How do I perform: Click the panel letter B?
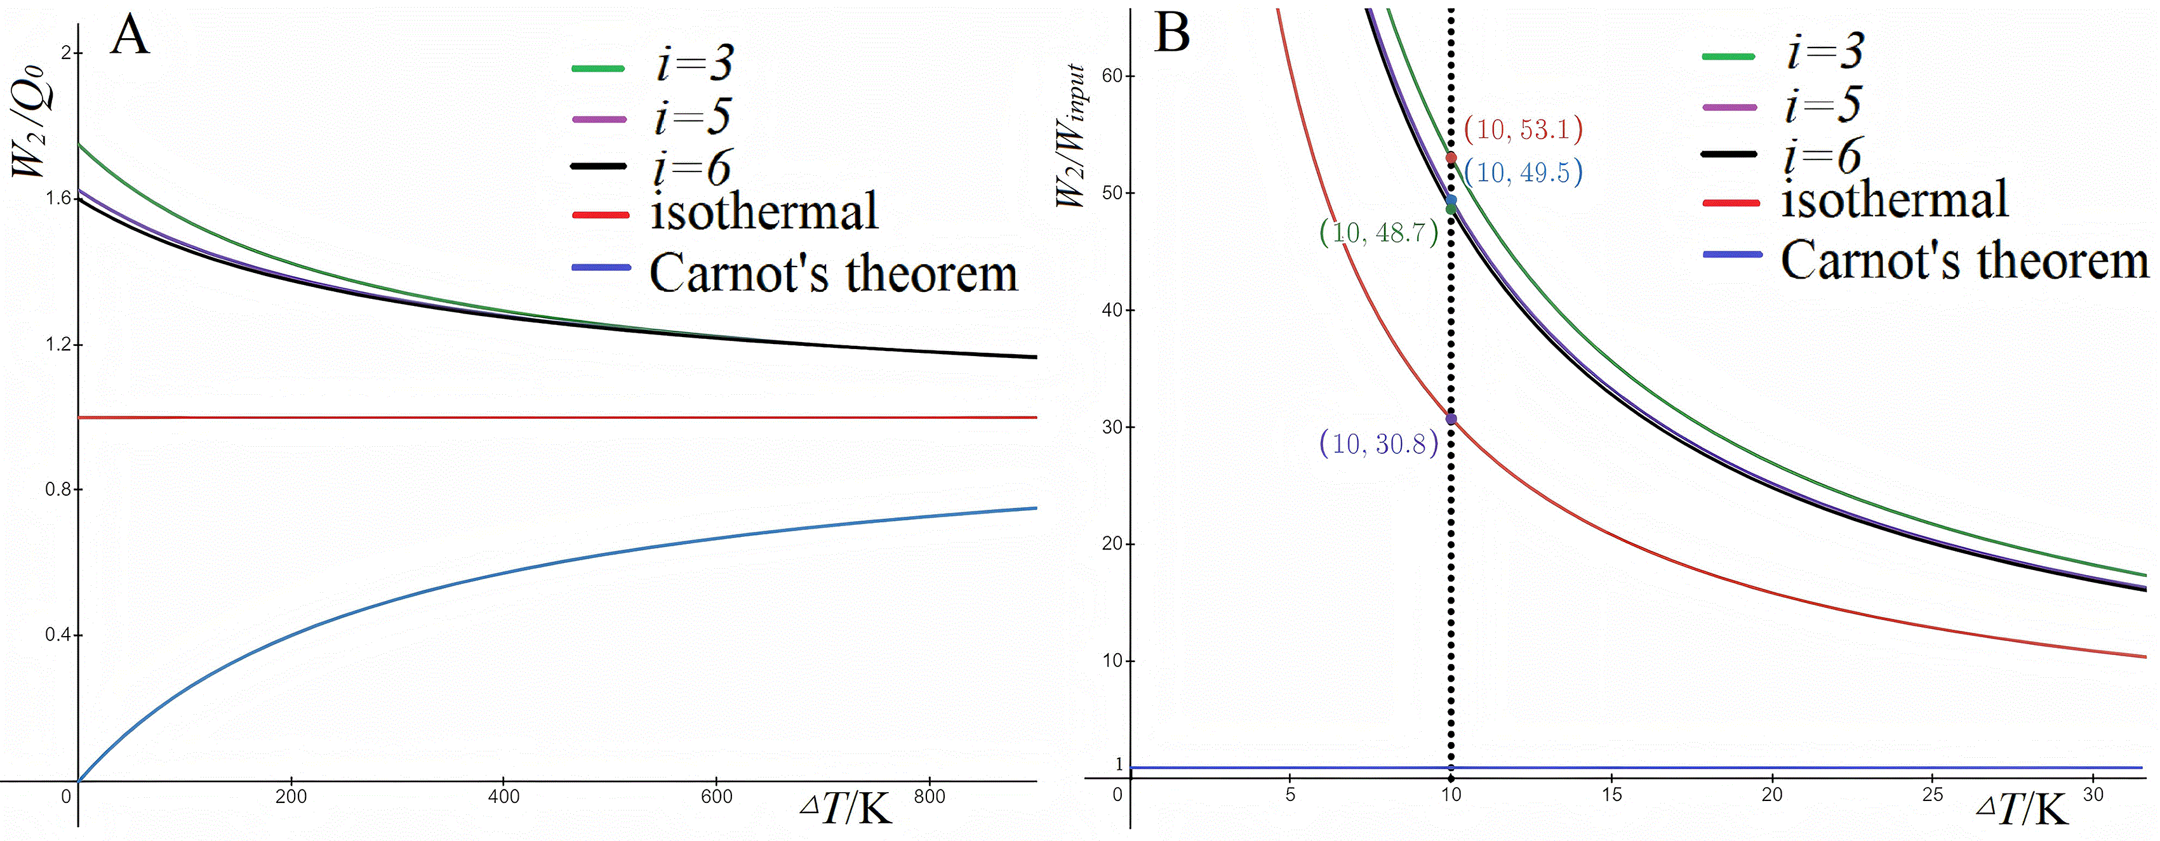1171,34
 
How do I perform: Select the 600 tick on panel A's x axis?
716,796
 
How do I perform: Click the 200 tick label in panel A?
290,796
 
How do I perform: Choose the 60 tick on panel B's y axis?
1112,76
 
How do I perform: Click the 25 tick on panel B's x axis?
1932,794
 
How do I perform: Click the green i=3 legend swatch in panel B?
1729,56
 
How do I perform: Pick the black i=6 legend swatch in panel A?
599,166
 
